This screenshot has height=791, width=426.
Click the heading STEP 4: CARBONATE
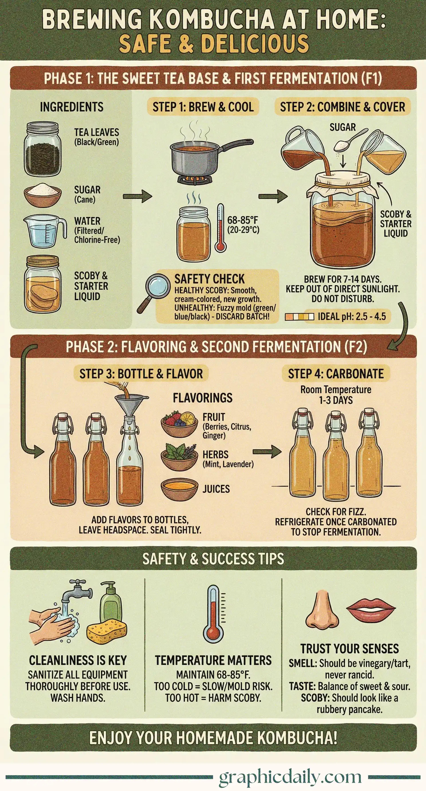pos(336,373)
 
